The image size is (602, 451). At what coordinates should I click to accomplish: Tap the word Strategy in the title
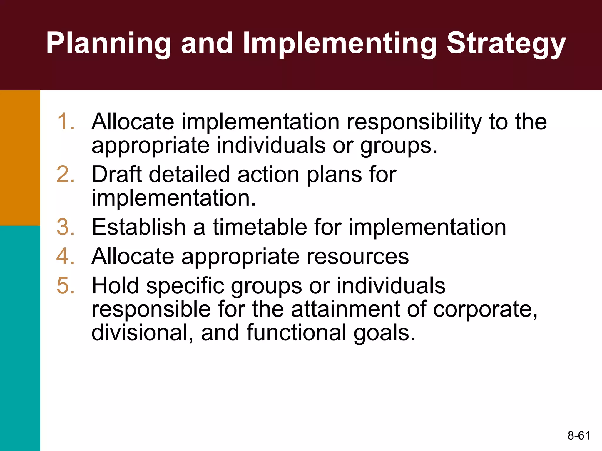click(506, 43)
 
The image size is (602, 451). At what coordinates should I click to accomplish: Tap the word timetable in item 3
click(260, 227)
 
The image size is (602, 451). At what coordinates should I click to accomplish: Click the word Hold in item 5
click(115, 285)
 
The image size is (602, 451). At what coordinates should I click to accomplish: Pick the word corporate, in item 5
click(485, 309)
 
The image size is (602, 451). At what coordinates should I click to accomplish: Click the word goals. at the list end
click(384, 333)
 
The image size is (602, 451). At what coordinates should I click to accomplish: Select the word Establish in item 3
click(139, 227)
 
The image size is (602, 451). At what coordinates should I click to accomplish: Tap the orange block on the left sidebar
click(20, 158)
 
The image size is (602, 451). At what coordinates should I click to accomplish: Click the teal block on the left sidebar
click(20, 338)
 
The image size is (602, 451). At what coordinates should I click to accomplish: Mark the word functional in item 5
click(297, 332)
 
